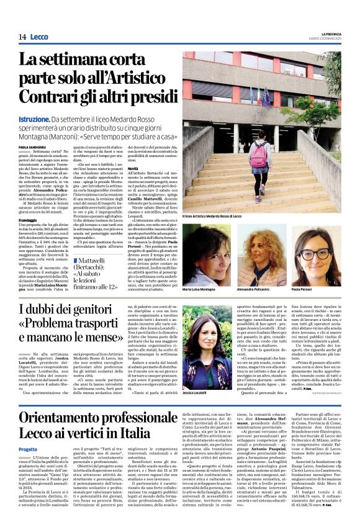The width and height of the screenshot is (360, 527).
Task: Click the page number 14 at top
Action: pos(22,37)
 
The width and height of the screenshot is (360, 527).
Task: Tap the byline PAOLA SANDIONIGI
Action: pos(33,147)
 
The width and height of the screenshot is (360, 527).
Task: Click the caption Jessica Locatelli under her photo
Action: pos(196,394)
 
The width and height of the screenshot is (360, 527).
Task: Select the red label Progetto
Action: pos(27,449)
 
